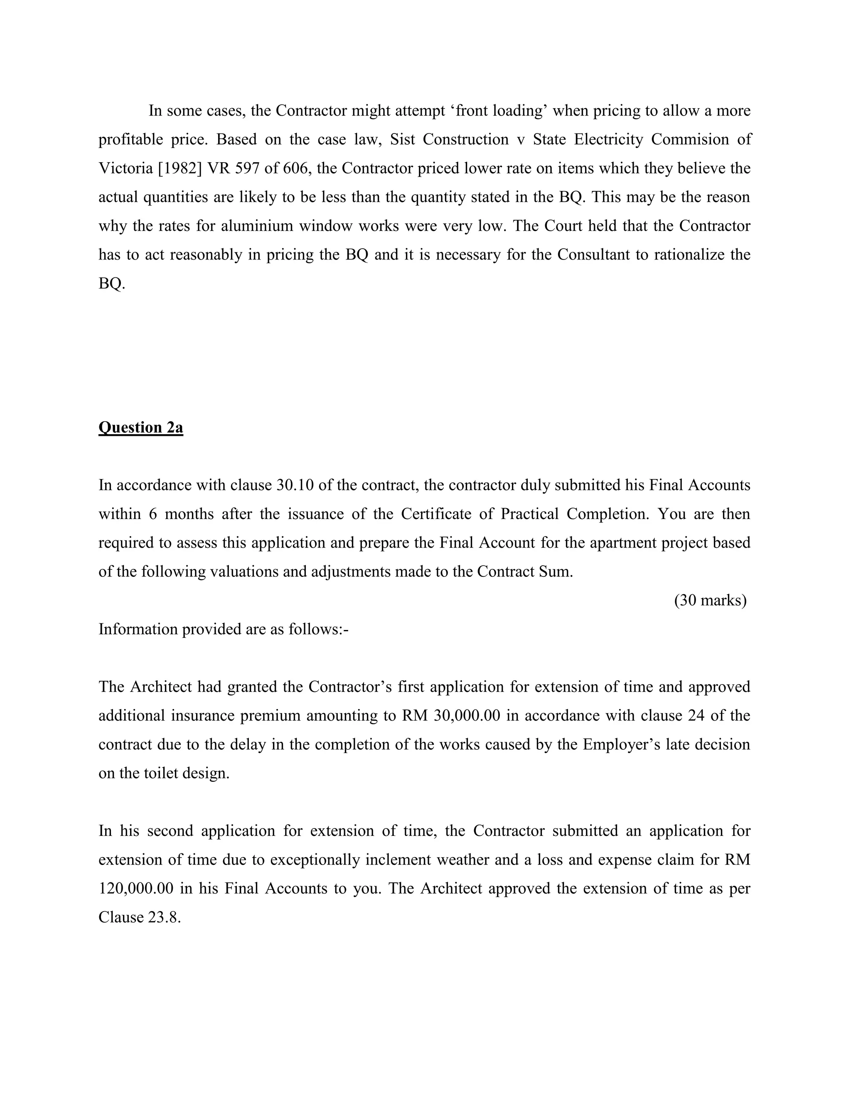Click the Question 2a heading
(x=141, y=427)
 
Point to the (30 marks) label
(x=710, y=600)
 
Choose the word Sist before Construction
(x=402, y=139)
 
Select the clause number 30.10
(x=295, y=485)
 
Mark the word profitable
(x=130, y=139)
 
